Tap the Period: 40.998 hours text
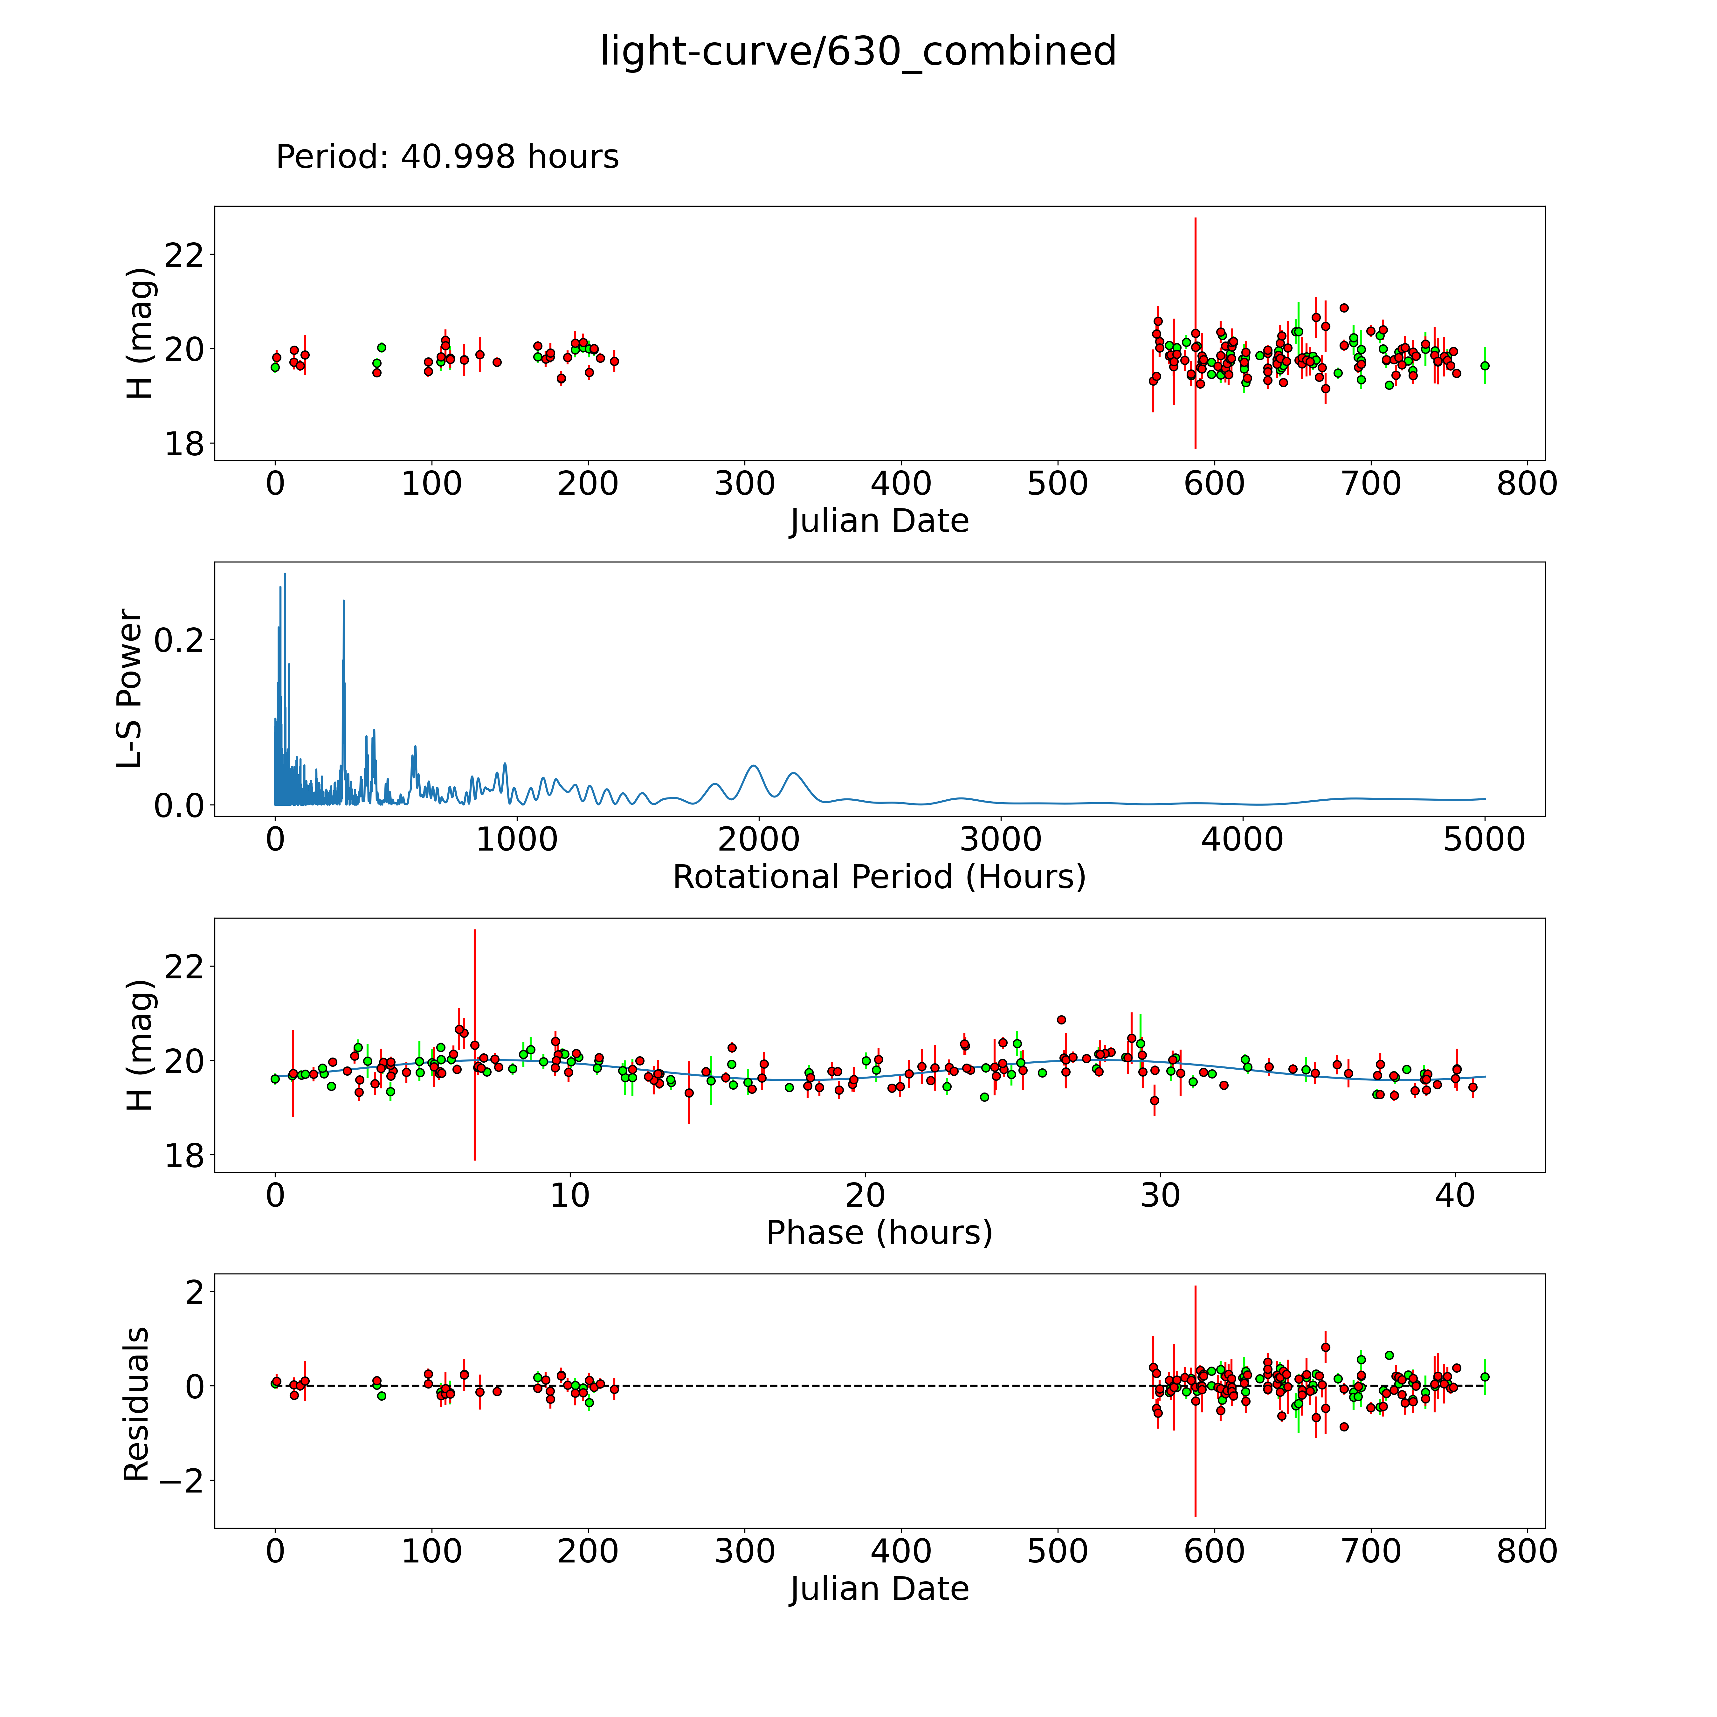tap(447, 157)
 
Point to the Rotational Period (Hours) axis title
tap(879, 877)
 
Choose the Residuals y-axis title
tap(136, 1404)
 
